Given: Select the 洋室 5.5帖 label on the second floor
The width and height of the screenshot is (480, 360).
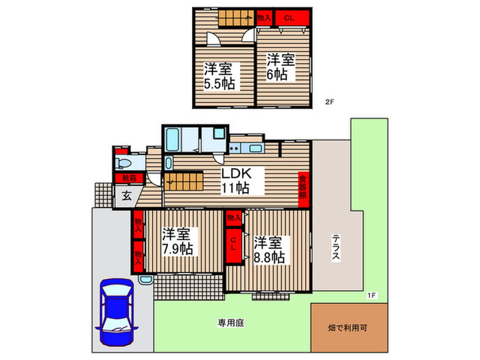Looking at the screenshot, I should pyautogui.click(x=217, y=76).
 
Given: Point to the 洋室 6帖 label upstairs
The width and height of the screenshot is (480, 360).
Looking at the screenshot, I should pyautogui.click(x=280, y=67).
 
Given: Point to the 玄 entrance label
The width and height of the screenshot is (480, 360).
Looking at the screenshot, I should pyautogui.click(x=127, y=195).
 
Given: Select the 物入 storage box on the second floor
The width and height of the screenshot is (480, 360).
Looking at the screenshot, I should pyautogui.click(x=264, y=19).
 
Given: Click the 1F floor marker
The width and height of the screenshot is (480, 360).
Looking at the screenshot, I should pyautogui.click(x=371, y=295).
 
